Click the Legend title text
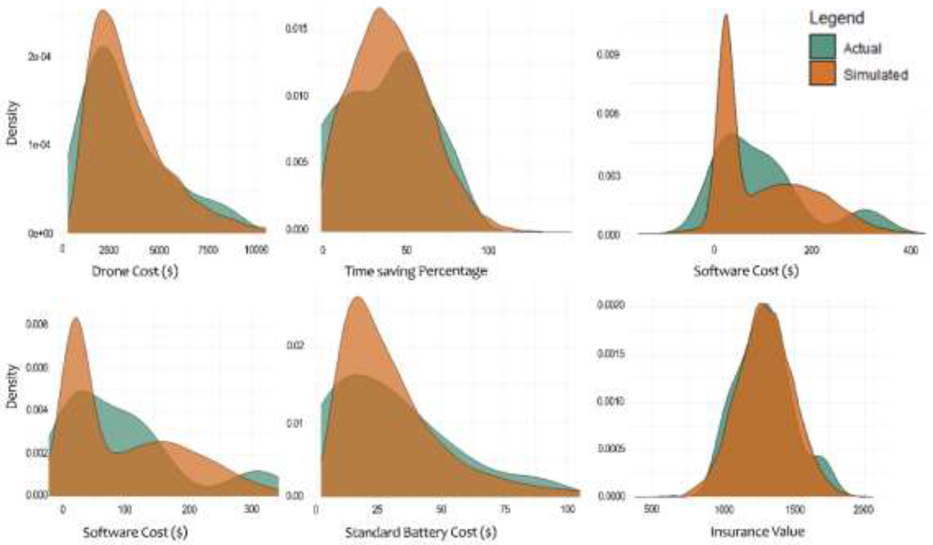point(836,18)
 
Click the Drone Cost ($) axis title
point(135,272)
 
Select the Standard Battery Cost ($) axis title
point(421,533)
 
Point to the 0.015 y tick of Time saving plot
point(297,29)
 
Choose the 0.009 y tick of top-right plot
point(608,55)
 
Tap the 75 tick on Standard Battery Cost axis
point(505,509)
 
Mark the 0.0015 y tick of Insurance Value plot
point(611,354)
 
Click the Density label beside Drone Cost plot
point(12,123)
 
